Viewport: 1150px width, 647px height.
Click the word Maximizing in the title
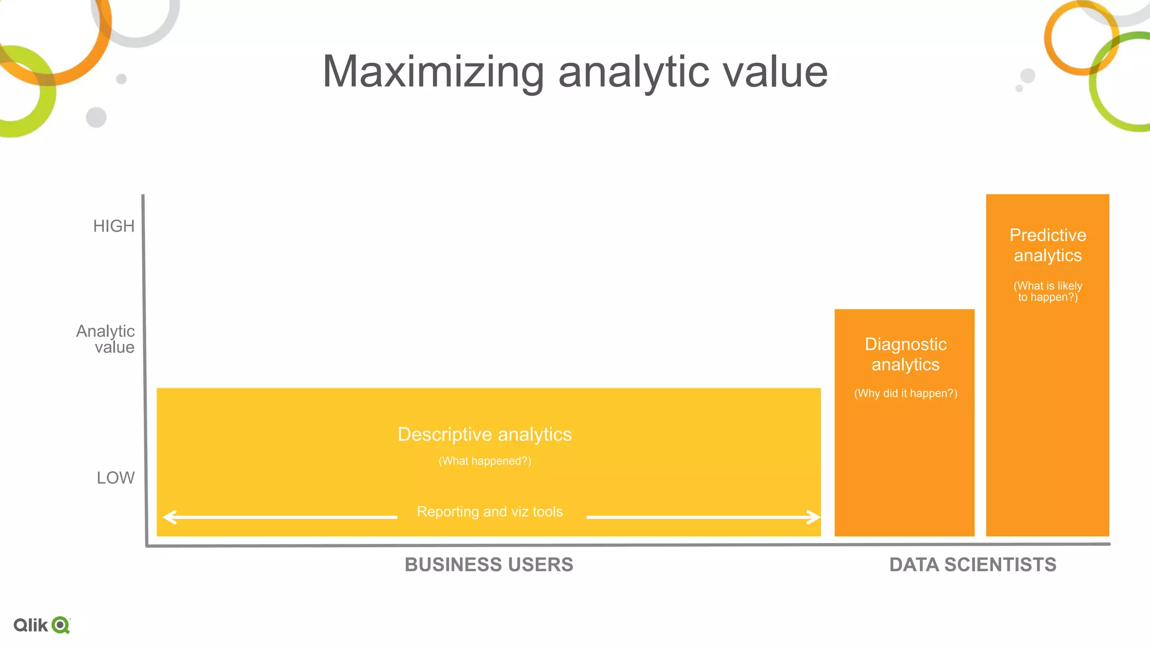[433, 72]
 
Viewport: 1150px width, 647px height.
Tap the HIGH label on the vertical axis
[114, 226]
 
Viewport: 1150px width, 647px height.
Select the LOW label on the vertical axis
[116, 477]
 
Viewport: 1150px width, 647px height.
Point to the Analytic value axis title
[106, 339]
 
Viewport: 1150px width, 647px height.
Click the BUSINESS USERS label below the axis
[489, 564]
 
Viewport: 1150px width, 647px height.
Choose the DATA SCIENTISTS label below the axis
[973, 564]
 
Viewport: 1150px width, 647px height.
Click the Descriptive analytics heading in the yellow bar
[485, 434]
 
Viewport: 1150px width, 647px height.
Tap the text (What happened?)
[485, 461]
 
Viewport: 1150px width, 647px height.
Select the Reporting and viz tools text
[490, 512]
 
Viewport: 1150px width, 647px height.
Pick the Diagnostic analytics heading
[905, 354]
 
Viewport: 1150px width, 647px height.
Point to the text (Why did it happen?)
[905, 393]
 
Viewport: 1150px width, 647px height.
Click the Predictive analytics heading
[1048, 245]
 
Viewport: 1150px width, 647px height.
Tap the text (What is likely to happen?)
[1048, 291]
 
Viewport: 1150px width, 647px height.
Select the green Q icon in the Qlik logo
[60, 625]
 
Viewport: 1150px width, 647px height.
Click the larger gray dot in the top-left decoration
[96, 117]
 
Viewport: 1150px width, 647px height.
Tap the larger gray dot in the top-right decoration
[1028, 75]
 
